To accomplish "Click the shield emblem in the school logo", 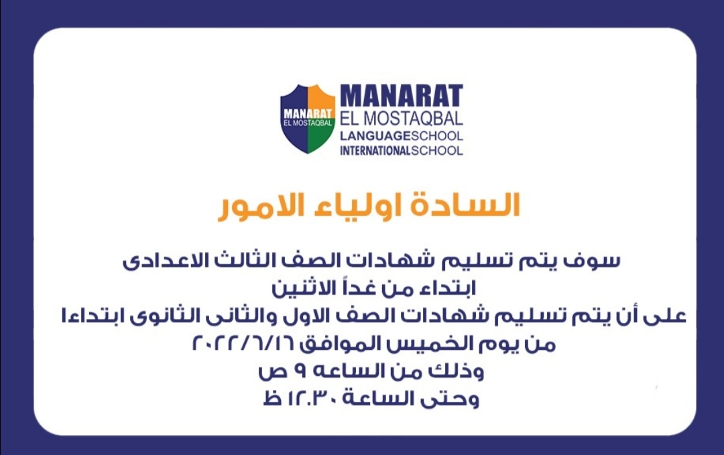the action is click(308, 119).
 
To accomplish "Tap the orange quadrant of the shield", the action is click(321, 98).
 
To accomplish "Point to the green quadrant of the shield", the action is click(320, 137).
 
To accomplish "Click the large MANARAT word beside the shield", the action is click(402, 96).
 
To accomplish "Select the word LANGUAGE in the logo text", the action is click(375, 136).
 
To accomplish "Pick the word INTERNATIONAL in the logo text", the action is click(375, 150).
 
